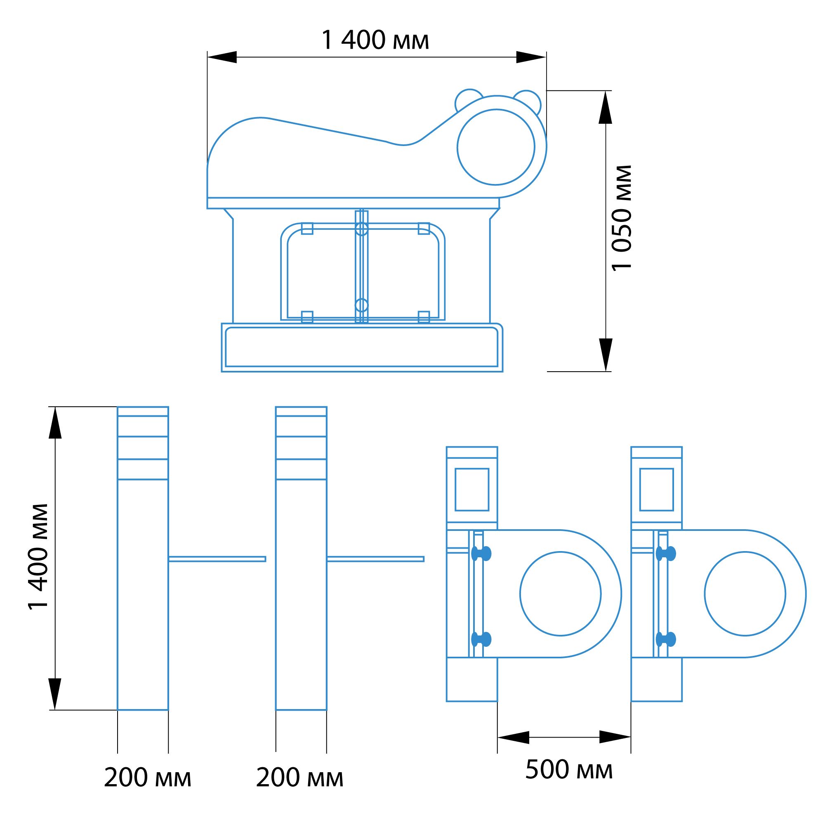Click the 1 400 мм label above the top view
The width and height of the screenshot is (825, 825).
[375, 41]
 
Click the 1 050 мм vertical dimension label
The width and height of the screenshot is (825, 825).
[621, 218]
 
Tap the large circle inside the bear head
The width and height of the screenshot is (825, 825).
[496, 147]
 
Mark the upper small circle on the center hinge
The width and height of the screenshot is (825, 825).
[361, 229]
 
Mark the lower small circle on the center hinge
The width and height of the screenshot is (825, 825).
[361, 305]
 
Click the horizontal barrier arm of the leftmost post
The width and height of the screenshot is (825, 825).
[217, 559]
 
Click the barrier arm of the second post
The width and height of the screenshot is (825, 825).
[375, 559]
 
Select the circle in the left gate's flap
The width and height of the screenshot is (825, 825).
[560, 594]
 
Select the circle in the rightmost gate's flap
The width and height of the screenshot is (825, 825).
[745, 594]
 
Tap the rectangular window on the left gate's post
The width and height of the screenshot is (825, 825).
[472, 489]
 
